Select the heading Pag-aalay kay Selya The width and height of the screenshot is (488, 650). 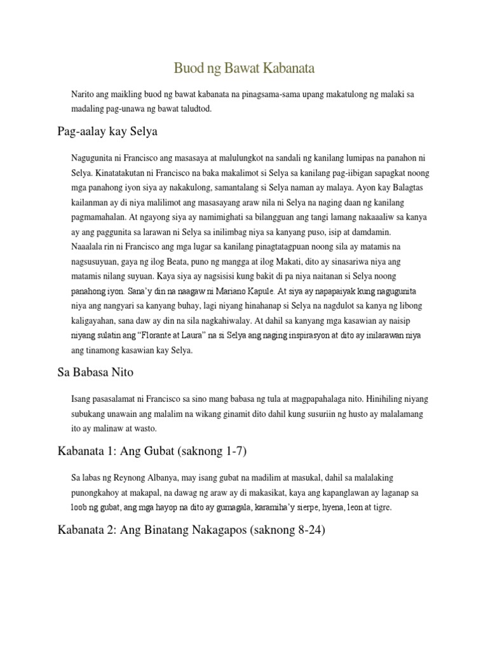[x=107, y=132]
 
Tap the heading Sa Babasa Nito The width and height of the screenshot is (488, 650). [x=95, y=373]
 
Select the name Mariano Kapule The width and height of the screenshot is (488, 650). [x=241, y=291]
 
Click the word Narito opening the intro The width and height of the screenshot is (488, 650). [x=85, y=94]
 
